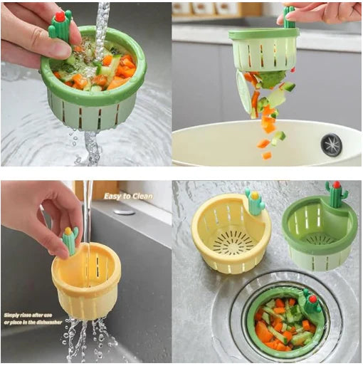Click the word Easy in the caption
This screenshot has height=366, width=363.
click(112, 196)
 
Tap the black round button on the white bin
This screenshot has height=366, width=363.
click(331, 145)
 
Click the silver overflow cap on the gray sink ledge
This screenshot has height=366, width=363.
click(124, 211)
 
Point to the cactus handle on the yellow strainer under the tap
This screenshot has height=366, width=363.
click(70, 241)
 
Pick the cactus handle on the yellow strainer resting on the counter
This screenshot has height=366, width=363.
click(255, 202)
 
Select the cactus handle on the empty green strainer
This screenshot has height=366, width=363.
click(335, 194)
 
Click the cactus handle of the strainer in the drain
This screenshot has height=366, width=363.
click(311, 301)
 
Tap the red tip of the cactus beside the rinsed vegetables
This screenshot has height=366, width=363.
click(60, 16)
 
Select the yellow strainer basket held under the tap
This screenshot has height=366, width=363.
click(87, 281)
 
